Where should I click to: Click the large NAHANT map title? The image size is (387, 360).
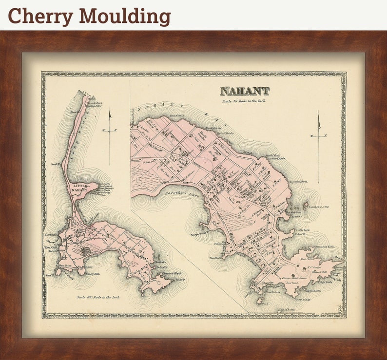tap(244, 91)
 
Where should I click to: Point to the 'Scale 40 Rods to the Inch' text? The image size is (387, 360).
tap(244, 101)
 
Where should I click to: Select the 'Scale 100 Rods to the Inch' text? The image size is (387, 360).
tap(98, 297)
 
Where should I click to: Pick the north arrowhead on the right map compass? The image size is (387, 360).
tap(319, 121)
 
